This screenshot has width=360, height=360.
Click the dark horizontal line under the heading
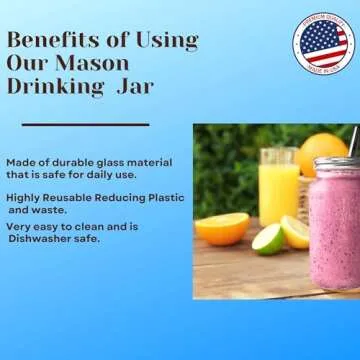tap(85, 125)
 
